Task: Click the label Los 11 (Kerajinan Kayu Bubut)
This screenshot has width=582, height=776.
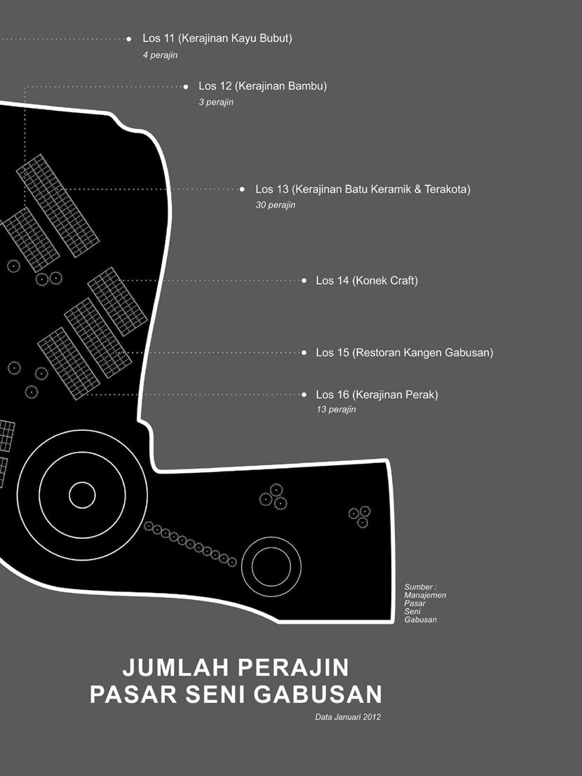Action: click(217, 39)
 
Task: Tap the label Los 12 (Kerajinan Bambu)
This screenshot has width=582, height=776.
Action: click(262, 86)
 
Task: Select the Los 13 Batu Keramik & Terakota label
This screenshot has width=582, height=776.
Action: click(363, 189)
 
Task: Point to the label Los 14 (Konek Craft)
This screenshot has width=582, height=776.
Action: click(366, 281)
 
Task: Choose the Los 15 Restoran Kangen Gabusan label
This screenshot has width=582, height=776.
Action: click(404, 352)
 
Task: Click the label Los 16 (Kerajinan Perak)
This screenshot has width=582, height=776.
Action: click(377, 395)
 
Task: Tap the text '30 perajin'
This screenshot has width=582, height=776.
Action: click(276, 206)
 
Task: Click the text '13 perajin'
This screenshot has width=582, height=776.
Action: click(336, 410)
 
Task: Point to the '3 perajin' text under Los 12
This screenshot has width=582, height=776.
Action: click(216, 102)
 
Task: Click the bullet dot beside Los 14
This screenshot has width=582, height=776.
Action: click(304, 281)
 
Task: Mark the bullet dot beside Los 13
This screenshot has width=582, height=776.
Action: click(243, 189)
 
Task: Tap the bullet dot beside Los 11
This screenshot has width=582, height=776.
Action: click(129, 39)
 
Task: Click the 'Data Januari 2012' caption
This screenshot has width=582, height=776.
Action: click(348, 717)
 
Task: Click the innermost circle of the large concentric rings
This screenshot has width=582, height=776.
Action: click(82, 495)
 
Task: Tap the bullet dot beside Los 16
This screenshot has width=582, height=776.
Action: click(304, 395)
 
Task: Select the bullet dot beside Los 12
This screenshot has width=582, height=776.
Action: click(186, 87)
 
